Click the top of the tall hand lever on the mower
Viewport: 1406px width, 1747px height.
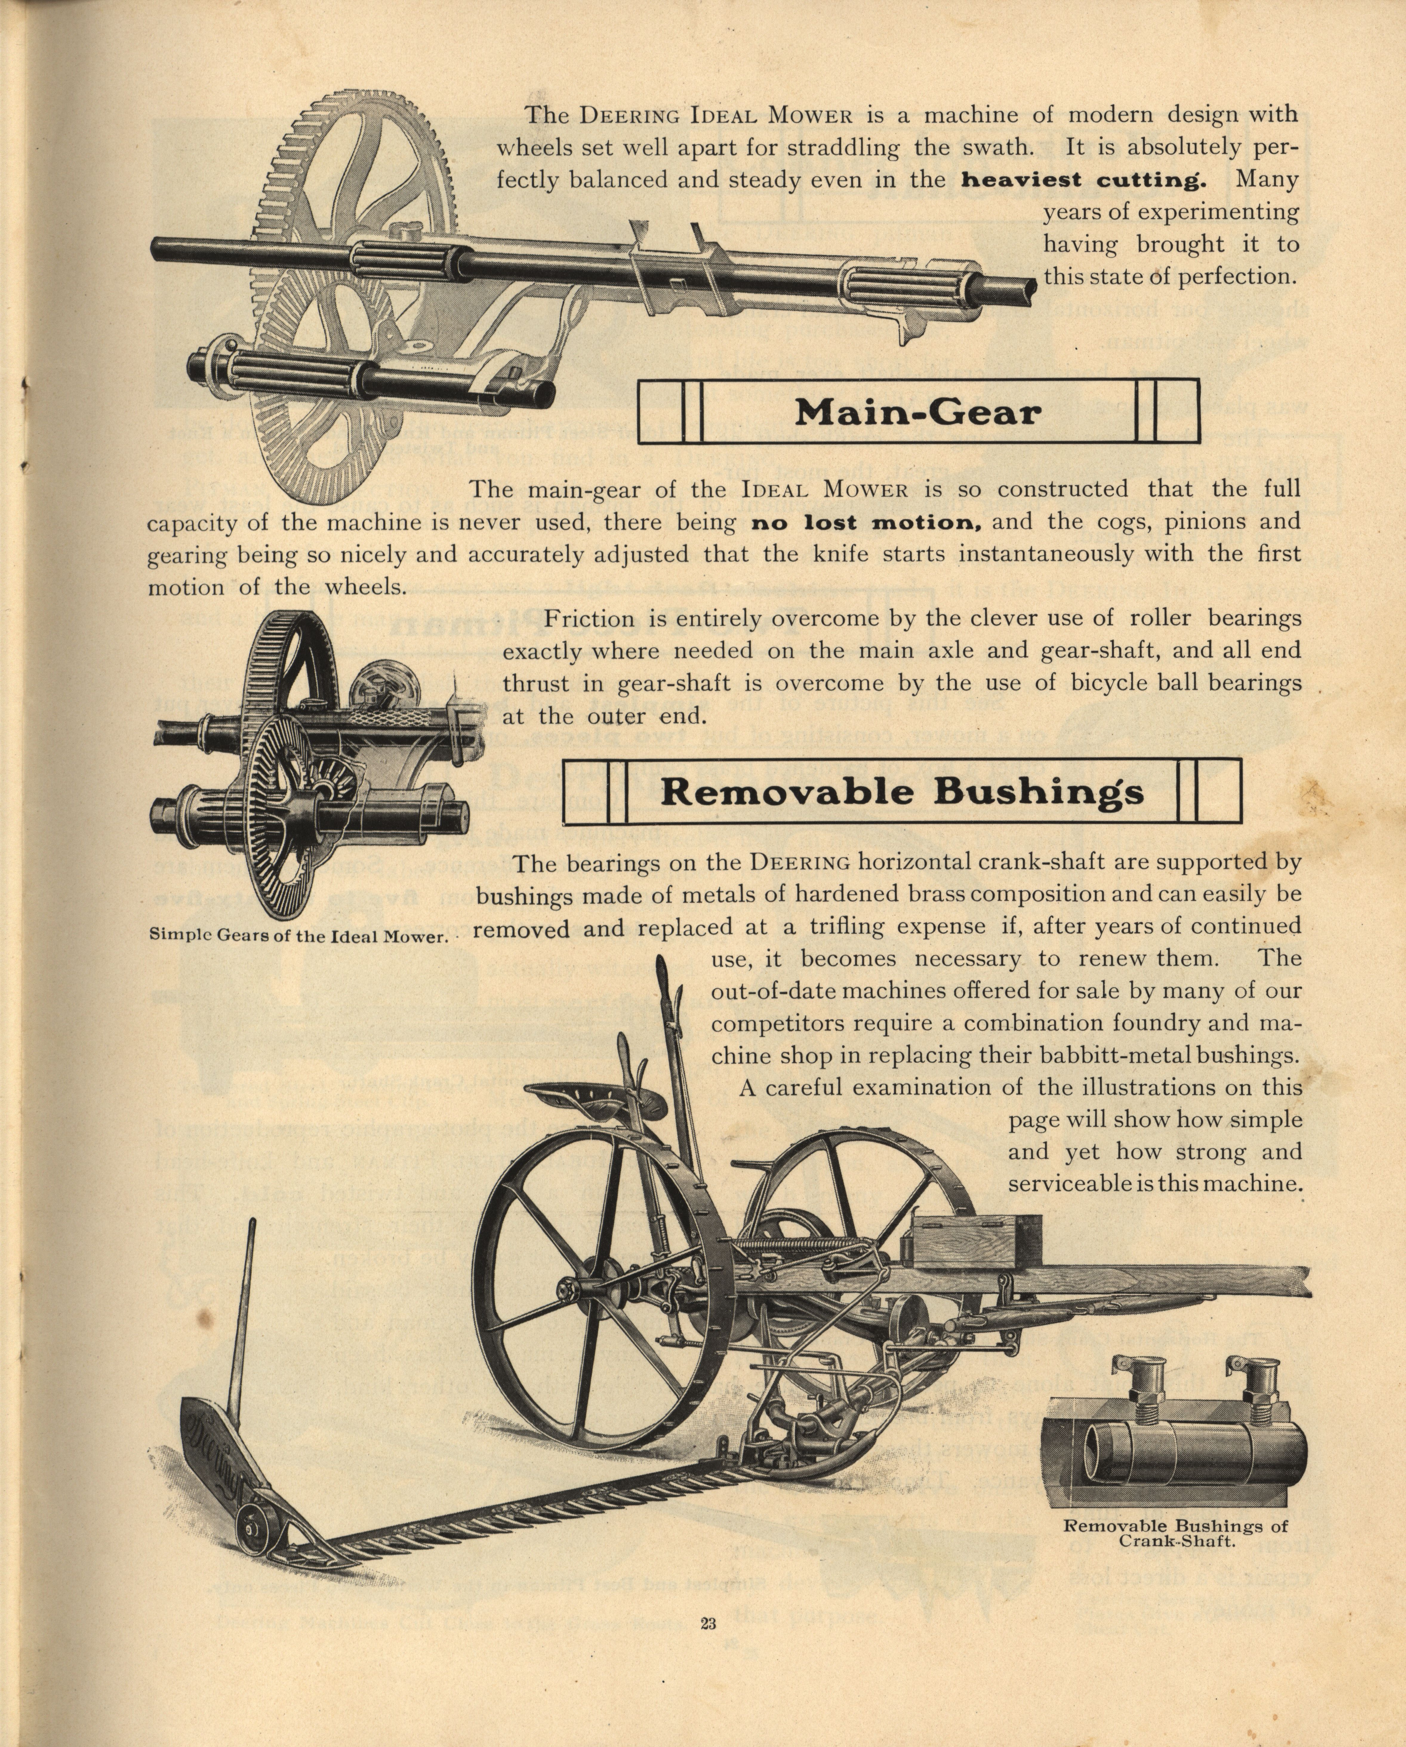660,967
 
